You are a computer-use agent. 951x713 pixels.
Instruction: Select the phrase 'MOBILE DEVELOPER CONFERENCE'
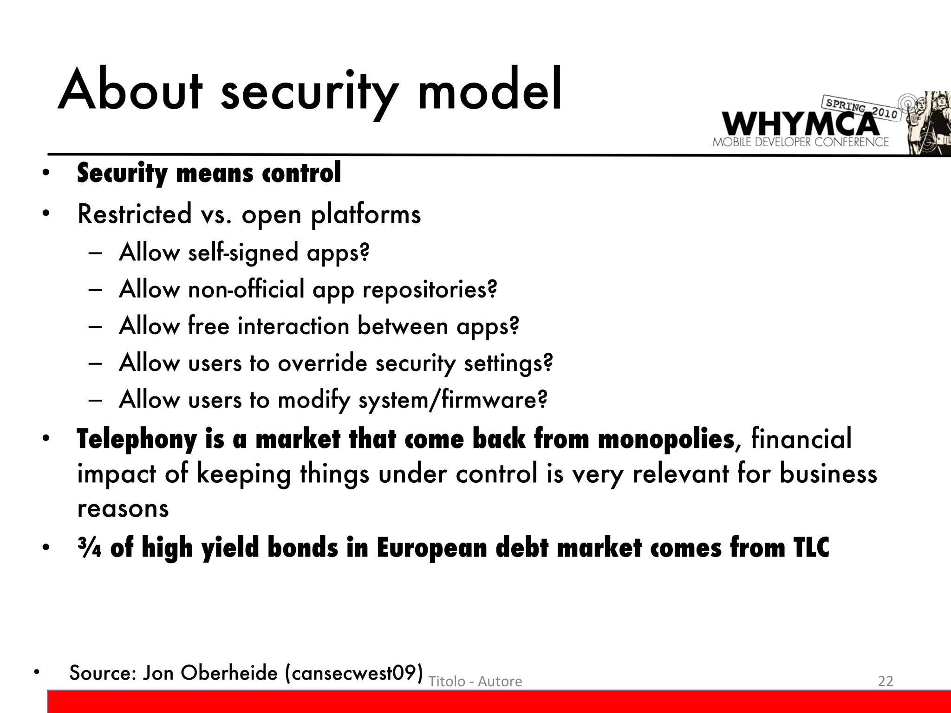tap(800, 142)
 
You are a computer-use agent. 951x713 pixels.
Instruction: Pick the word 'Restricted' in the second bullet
tap(134, 214)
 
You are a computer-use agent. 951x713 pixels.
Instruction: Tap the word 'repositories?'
tap(430, 290)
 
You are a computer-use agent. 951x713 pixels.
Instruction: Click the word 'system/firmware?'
tap(453, 400)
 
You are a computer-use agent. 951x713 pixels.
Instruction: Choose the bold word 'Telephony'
tap(137, 440)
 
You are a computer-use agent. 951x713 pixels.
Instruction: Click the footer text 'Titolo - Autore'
tap(475, 681)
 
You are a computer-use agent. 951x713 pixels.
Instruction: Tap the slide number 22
tap(885, 681)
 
